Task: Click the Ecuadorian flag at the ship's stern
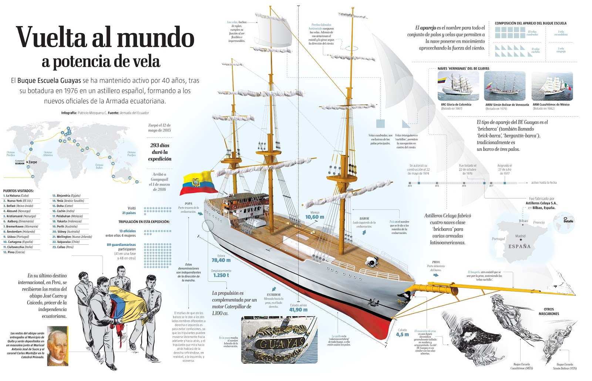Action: click(198, 183)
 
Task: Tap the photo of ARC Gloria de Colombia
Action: click(458, 86)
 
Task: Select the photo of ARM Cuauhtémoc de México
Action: click(552, 86)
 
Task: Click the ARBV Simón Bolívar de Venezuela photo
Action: click(505, 86)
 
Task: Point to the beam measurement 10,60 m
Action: click(314, 217)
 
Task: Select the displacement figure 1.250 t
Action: click(221, 275)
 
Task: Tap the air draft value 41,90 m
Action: click(298, 310)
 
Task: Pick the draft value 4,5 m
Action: click(402, 335)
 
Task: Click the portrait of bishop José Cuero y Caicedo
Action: click(57, 346)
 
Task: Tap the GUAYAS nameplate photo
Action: click(279, 339)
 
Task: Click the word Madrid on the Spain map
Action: click(520, 236)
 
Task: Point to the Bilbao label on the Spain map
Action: click(523, 221)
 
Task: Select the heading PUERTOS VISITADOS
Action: click(18, 191)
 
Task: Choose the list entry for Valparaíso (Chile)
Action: click(68, 242)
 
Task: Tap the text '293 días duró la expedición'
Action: click(160, 152)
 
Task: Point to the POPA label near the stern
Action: click(188, 204)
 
